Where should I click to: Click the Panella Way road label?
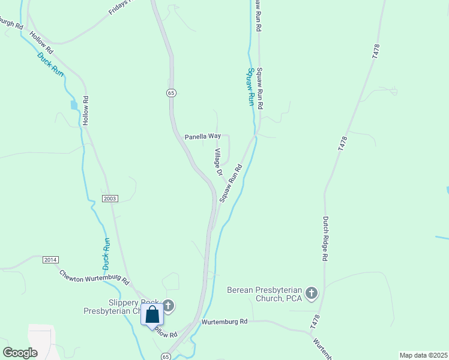coord(202,136)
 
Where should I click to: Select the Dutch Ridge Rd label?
coord(325,238)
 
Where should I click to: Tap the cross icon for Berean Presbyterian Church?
coord(311,293)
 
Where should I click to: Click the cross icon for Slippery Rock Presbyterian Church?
coord(168,306)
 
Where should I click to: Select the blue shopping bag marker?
coord(152,314)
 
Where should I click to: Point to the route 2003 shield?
coord(110,199)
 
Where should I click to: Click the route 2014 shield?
coord(50,260)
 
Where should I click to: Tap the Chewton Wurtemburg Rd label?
coord(94,277)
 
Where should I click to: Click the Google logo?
coord(20,353)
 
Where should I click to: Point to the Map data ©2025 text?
coord(424,355)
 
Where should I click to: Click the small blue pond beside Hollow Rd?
coord(74,105)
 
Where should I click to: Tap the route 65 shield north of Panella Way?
coord(171,93)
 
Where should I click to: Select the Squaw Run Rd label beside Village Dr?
coord(231,183)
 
